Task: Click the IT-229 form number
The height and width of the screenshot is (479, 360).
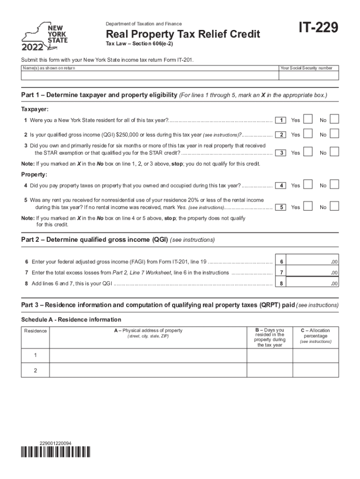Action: pos(314,29)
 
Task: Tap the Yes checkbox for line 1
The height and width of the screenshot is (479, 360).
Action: pos(308,119)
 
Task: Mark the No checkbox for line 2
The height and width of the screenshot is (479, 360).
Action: pos(334,134)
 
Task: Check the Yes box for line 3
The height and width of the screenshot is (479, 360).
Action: pos(308,152)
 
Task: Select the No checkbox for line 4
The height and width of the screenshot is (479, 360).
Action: pos(334,185)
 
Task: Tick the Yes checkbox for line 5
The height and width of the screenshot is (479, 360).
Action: pos(308,206)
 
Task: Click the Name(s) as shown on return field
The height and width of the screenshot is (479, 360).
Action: pos(150,76)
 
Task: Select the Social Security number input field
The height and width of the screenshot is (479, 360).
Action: pos(309,76)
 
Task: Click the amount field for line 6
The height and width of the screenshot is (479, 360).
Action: pos(314,261)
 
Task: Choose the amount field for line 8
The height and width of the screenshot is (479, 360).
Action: pos(314,283)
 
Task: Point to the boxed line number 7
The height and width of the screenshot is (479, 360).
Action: pos(281,272)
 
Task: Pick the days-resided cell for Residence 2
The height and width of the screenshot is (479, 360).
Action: pos(269,370)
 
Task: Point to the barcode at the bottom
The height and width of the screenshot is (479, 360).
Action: pos(56,452)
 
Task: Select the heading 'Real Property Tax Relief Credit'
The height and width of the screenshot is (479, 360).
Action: pos(183,35)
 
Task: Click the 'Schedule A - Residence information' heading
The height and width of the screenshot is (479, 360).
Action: pos(71,319)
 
